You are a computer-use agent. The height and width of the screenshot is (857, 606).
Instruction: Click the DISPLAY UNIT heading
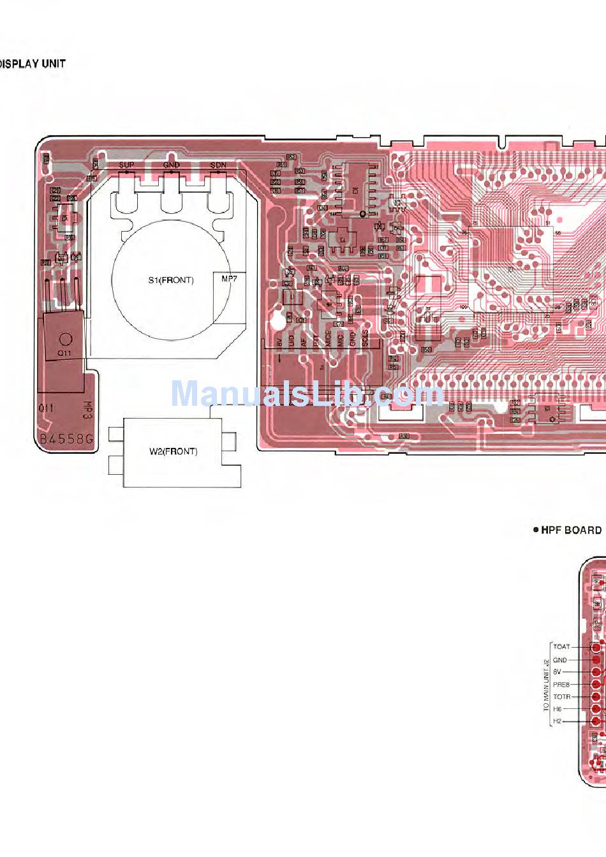pos(33,64)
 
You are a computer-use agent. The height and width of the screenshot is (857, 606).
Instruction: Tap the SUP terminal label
pos(126,165)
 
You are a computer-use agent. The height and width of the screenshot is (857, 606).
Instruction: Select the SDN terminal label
pos(218,165)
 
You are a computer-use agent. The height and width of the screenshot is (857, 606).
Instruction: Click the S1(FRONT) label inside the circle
pos(171,280)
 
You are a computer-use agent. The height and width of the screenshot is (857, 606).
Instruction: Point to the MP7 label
pos(229,279)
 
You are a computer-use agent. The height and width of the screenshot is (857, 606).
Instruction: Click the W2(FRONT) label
pos(174,452)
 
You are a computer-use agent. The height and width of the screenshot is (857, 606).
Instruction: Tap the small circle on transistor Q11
pos(65,339)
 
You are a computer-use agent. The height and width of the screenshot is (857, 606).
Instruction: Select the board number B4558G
pos(66,439)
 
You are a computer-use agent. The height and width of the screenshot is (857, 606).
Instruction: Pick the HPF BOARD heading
pos(571,530)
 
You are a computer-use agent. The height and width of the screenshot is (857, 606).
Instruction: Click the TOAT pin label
pos(561,647)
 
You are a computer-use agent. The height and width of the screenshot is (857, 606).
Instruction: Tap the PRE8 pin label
pos(561,685)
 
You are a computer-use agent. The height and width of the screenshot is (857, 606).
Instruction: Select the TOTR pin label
pos(561,697)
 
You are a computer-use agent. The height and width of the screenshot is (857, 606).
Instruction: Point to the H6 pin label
pos(558,709)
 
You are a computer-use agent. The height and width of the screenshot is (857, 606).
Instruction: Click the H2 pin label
pos(558,721)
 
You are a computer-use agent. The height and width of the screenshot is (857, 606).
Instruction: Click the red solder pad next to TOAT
pos(596,647)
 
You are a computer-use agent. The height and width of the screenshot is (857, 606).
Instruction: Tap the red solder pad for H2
pos(596,721)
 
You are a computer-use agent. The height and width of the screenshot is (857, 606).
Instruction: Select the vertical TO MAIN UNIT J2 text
pos(546,685)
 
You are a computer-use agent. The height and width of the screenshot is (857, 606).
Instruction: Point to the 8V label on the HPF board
pos(558,672)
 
